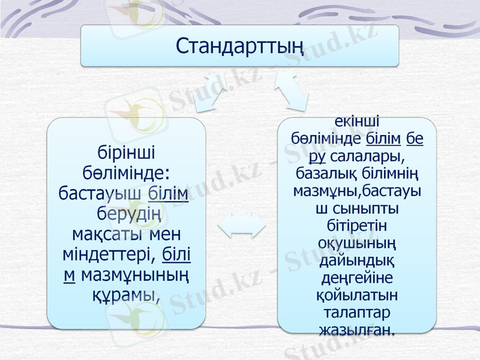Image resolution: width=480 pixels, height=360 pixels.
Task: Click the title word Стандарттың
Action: point(239,44)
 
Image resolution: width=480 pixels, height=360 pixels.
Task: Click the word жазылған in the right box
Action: point(358,330)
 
